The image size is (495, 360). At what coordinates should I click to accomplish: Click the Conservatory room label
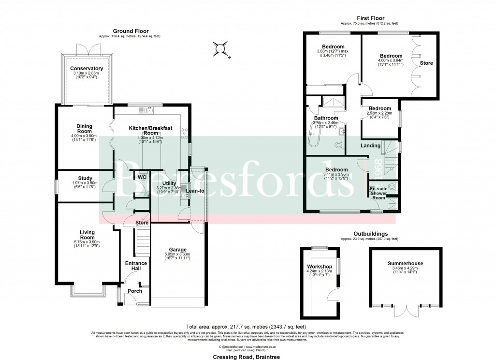tap(86, 69)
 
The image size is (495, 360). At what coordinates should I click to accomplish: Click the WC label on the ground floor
tap(141, 177)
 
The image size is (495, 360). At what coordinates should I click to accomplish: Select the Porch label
tap(135, 291)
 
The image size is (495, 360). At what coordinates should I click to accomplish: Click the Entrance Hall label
tap(136, 266)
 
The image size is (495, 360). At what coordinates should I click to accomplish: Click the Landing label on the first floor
tap(370, 145)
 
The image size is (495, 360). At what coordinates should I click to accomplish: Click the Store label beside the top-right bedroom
tap(426, 63)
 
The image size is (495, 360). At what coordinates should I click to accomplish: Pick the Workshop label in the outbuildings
tap(319, 267)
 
